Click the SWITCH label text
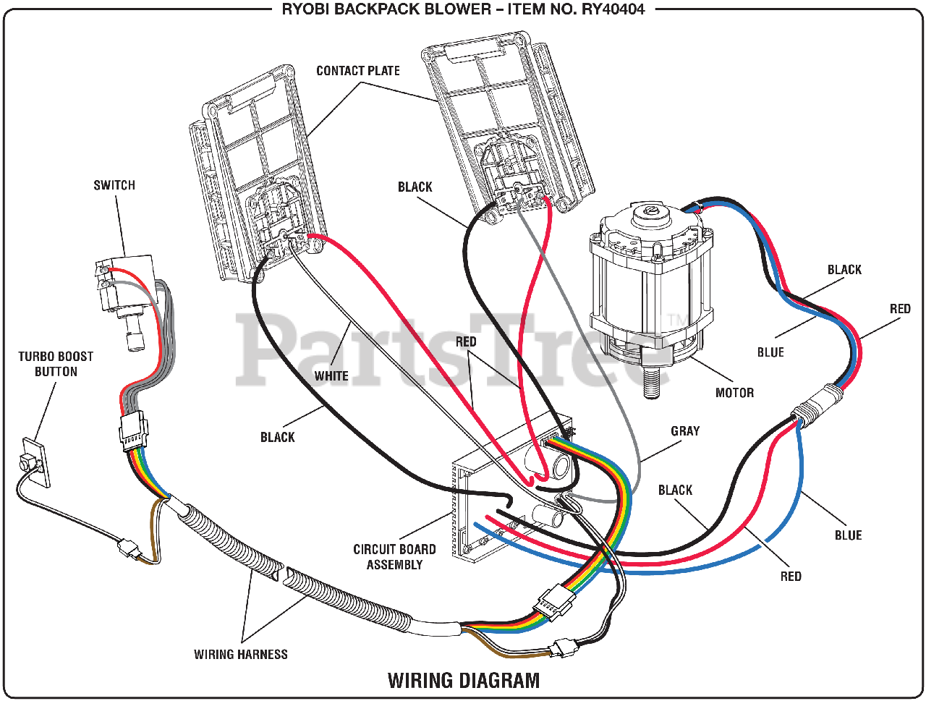tap(114, 185)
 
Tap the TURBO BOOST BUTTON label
tap(56, 364)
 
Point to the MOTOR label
tap(734, 393)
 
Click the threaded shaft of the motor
tap(654, 381)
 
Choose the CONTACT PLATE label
tap(357, 71)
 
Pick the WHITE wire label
tap(331, 376)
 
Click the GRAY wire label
tap(685, 431)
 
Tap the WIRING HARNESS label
tap(240, 655)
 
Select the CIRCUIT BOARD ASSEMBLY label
tap(394, 557)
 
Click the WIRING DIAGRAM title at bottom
tap(464, 681)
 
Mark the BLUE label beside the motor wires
tap(770, 352)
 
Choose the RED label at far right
tap(900, 309)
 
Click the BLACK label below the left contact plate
tap(278, 437)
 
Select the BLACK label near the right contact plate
tap(415, 187)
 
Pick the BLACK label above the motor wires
tap(844, 270)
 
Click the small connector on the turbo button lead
tap(129, 550)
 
